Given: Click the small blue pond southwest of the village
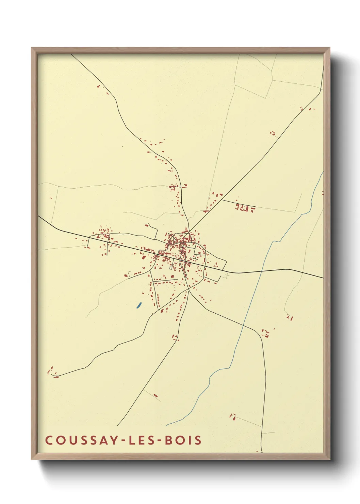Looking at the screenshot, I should pos(139,305).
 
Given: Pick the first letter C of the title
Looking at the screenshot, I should pos(48,440).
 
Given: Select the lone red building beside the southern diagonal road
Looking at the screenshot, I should pos(156,395).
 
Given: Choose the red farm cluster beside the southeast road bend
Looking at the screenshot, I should pos(265,333).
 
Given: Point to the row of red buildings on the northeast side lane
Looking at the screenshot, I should pos(245,207).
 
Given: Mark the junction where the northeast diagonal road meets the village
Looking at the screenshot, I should pos(189,232).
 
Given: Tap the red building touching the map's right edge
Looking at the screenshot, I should pos(322,193).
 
